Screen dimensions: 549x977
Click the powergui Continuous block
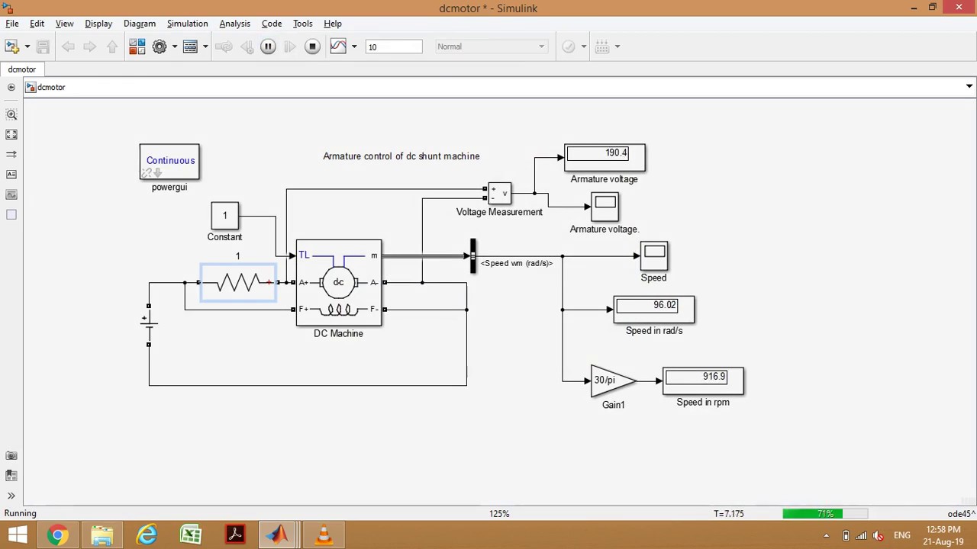point(169,162)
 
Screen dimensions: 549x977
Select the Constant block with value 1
point(224,216)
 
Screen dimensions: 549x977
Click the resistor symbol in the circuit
point(238,283)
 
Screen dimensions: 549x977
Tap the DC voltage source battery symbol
point(149,325)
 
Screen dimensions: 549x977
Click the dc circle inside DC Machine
point(338,282)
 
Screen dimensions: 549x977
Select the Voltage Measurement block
point(499,194)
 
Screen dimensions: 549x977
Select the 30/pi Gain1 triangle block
point(611,380)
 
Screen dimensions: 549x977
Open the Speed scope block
point(654,255)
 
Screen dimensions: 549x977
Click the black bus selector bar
point(472,255)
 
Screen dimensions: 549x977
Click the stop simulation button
point(312,47)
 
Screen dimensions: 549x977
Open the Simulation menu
point(187,24)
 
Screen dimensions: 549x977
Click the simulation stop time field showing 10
point(393,47)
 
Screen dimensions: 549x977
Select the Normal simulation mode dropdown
point(491,47)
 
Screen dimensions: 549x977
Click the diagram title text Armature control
point(401,156)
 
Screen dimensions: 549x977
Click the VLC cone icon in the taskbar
point(324,535)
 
